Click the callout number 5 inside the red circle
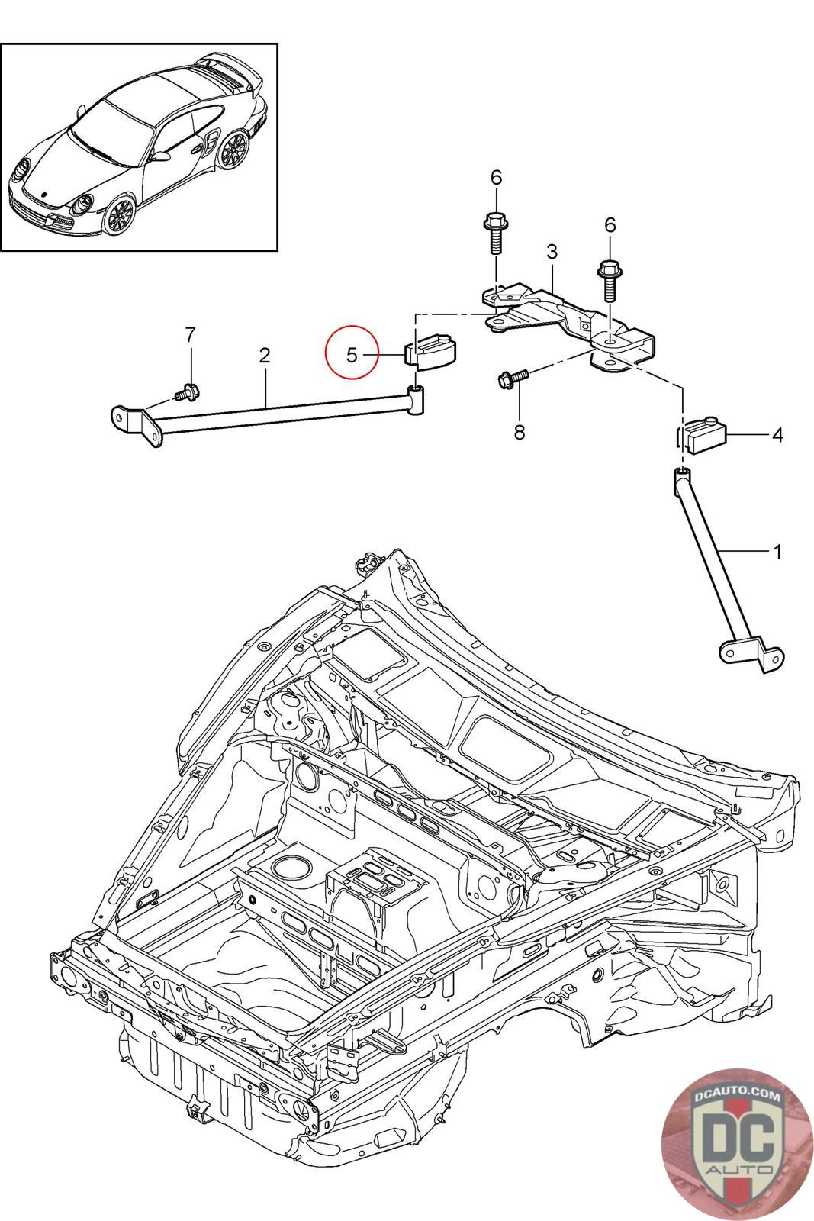(x=352, y=355)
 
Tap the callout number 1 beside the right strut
(x=777, y=551)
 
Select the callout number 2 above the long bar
(x=265, y=355)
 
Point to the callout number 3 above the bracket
(x=552, y=251)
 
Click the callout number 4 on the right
(x=777, y=435)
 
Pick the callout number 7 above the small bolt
(x=191, y=334)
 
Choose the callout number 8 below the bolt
(x=520, y=432)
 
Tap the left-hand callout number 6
(x=497, y=178)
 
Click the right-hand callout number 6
(x=610, y=224)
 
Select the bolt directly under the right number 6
(x=609, y=282)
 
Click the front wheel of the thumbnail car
(x=121, y=214)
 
